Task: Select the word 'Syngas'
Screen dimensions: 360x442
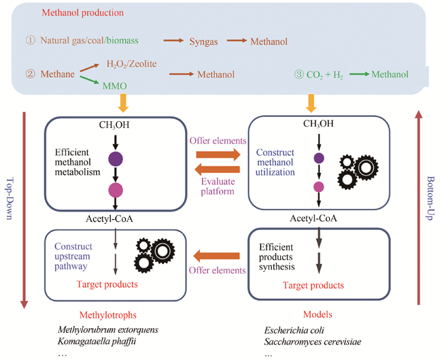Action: (203, 42)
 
